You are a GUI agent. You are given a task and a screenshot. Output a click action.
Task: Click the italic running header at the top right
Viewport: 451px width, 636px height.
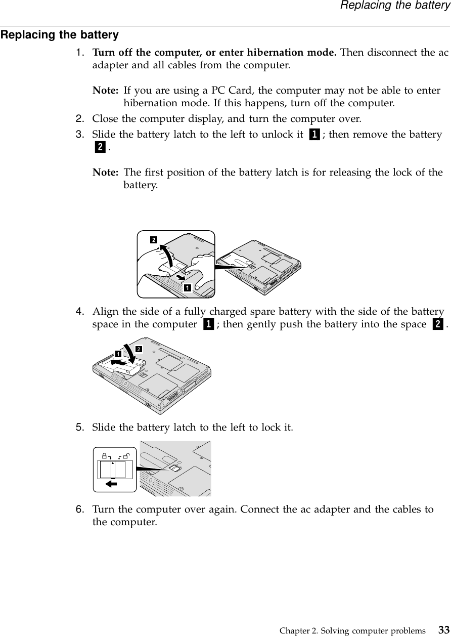point(394,6)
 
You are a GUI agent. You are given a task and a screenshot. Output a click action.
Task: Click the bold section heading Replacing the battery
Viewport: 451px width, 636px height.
point(60,35)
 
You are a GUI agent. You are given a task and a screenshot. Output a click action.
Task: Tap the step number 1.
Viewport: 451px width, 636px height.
point(80,53)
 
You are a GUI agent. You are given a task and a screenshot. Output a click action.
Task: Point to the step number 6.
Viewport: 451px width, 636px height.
point(80,508)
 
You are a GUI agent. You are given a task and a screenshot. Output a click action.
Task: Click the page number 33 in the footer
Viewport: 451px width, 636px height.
point(443,630)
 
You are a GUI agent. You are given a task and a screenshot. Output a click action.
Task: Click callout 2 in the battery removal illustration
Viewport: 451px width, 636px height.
point(152,240)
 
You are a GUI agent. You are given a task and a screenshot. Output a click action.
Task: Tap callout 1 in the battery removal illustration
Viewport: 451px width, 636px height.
point(187,287)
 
